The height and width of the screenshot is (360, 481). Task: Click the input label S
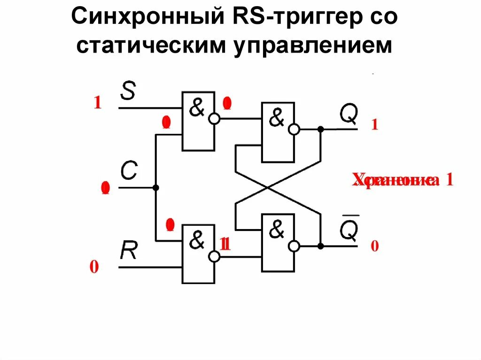(128, 91)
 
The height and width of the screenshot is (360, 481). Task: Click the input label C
(128, 172)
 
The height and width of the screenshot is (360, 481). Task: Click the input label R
(128, 251)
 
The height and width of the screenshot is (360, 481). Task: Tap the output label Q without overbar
(349, 114)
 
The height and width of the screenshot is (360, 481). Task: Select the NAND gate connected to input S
(198, 121)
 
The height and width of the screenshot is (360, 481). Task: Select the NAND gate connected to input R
(198, 254)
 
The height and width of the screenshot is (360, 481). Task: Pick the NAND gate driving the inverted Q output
(277, 243)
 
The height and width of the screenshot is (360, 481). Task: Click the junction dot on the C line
(156, 188)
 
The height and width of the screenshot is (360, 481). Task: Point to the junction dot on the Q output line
(321, 129)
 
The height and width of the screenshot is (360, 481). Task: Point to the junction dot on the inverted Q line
(321, 245)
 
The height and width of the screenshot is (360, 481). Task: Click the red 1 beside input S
(97, 103)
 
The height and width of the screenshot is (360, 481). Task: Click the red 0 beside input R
(94, 268)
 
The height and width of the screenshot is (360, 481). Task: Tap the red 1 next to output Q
(375, 125)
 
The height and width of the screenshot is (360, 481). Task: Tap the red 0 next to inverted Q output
(374, 246)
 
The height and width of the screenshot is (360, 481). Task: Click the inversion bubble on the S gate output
(214, 119)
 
